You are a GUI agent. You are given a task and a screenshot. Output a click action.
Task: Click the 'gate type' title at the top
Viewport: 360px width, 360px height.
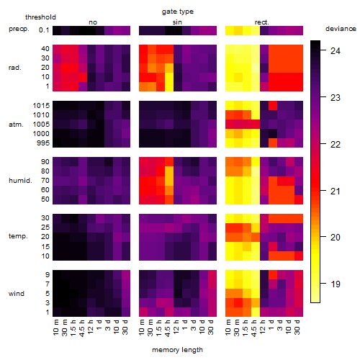[178, 12]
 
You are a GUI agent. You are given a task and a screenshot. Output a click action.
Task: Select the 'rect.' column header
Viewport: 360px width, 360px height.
[261, 22]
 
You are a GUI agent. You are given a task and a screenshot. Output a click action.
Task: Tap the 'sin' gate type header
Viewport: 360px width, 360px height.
[177, 22]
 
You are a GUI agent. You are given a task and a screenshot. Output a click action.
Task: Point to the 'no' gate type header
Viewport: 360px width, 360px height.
[93, 22]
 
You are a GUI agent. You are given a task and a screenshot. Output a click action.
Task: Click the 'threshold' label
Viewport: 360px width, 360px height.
[40, 17]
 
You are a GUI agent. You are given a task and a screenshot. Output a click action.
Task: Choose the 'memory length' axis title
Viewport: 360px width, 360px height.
[177, 350]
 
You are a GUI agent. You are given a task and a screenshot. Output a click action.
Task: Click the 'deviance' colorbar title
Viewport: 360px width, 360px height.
[341, 29]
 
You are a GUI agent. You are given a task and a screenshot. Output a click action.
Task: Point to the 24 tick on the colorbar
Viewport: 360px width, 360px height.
[336, 51]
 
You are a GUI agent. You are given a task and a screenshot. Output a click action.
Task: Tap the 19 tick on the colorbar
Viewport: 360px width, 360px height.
[336, 284]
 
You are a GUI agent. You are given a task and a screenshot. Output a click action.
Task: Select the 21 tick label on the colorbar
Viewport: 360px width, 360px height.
[336, 192]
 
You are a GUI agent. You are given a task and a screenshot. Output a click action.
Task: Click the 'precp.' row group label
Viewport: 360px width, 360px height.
[19, 29]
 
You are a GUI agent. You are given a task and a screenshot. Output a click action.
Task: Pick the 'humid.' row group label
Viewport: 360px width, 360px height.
[20, 181]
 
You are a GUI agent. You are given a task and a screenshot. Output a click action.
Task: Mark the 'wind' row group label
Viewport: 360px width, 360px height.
[17, 294]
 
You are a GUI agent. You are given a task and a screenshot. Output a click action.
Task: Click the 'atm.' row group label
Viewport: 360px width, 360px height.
[16, 125]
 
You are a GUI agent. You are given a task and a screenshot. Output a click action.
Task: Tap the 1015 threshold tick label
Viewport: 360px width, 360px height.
[41, 106]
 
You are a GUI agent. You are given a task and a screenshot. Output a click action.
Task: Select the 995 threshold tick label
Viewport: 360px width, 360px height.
[43, 143]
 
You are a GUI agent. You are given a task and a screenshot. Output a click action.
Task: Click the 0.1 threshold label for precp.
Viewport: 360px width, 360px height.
[44, 30]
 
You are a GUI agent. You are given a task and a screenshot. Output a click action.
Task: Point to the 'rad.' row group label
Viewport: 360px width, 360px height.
[15, 68]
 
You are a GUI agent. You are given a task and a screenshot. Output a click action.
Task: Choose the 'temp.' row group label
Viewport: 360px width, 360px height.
[18, 236]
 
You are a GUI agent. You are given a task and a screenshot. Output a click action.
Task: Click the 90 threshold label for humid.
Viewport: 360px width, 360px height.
[45, 162]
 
